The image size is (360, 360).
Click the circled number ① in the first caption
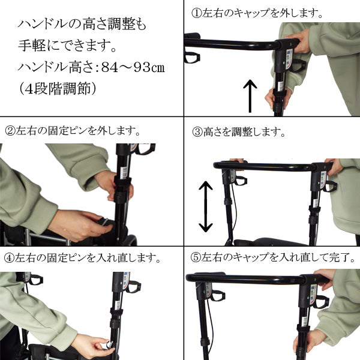pos(196,13)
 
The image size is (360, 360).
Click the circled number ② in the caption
pos(10,130)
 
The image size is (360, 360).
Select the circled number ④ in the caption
pos(9,259)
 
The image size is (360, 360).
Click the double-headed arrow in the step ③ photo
pos(205,207)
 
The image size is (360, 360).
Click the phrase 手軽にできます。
pos(67,46)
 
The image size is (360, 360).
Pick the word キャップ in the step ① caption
pos(246,13)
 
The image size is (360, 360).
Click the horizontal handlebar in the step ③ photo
pos(270,166)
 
